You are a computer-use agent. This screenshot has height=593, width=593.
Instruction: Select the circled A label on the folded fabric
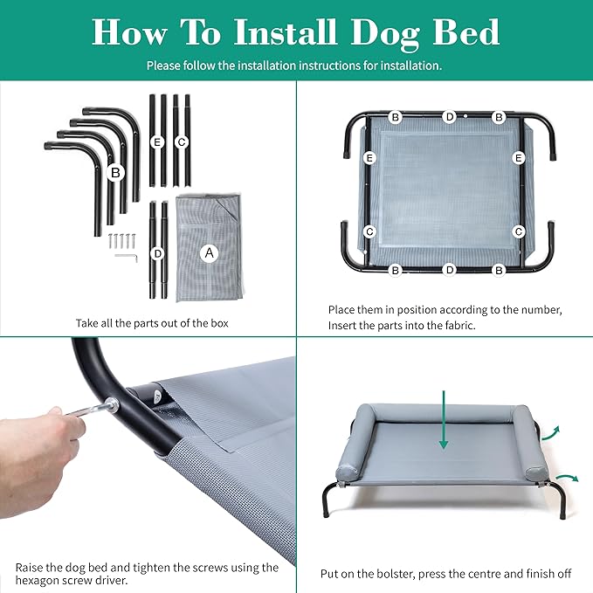[209, 253]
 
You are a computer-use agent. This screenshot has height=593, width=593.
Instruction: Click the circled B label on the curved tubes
[114, 173]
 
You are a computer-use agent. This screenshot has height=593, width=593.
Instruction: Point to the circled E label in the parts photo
[157, 141]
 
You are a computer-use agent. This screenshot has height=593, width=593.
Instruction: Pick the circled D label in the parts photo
[157, 253]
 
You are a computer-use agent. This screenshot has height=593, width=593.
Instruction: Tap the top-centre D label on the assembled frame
[449, 116]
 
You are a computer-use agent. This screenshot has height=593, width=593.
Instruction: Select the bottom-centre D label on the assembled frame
[449, 270]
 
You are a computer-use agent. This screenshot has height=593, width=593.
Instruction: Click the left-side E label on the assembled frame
[369, 158]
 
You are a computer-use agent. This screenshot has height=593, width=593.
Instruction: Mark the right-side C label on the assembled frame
[519, 231]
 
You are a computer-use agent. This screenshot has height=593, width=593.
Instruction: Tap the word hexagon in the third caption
[40, 580]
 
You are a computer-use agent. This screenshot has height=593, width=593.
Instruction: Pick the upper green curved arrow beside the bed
[547, 431]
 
